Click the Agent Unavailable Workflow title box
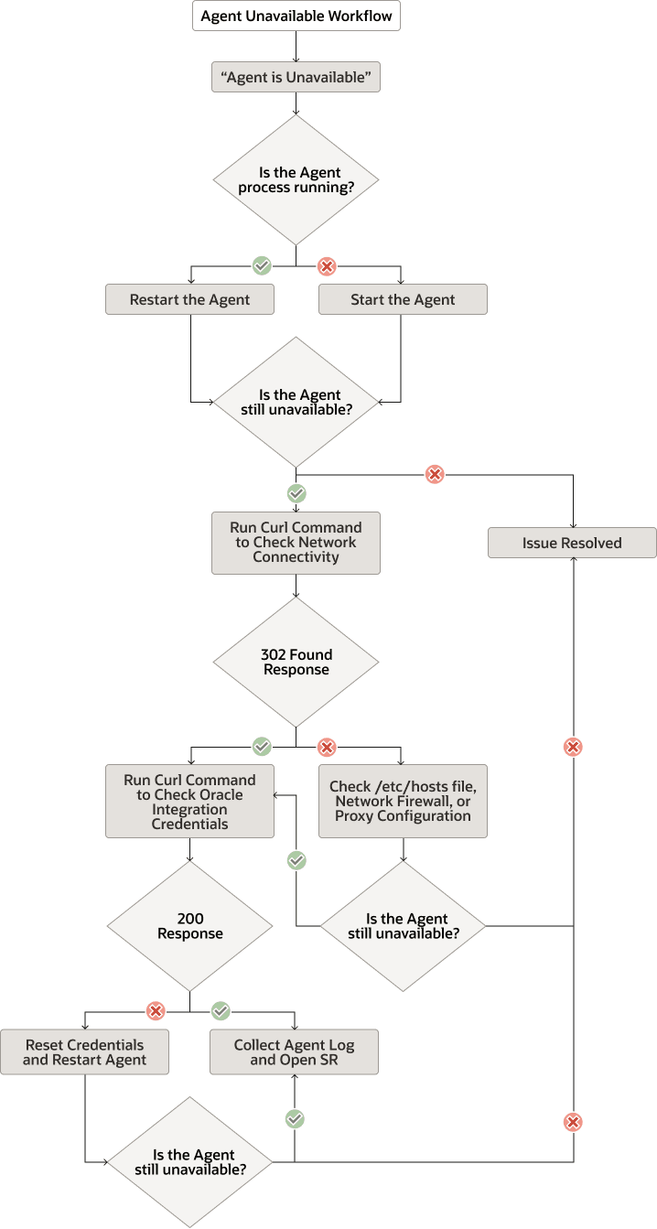pos(296,16)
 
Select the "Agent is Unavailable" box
pos(296,78)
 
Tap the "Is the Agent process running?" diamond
pos(296,179)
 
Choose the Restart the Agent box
pos(189,299)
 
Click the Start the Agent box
pos(403,299)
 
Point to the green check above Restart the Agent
pos(262,266)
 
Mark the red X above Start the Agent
pos(327,266)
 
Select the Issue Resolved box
pos(572,543)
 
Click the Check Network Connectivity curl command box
pos(296,543)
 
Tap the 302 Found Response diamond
pos(296,662)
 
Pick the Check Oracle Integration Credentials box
pos(189,802)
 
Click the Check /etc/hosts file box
pos(403,802)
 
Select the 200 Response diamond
pos(189,926)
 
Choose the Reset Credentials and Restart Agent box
pos(84,1052)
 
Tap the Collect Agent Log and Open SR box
pos(294,1052)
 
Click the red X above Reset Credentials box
pos(156,1011)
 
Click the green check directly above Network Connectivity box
pos(296,494)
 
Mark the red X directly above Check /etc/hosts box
pos(327,748)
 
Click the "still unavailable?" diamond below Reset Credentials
pos(189,1162)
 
